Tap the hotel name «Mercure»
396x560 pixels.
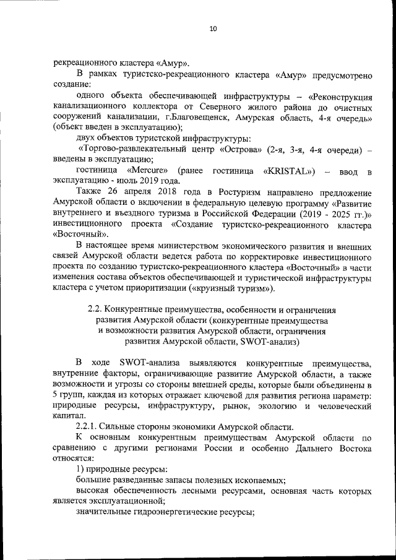coord(144,170)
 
